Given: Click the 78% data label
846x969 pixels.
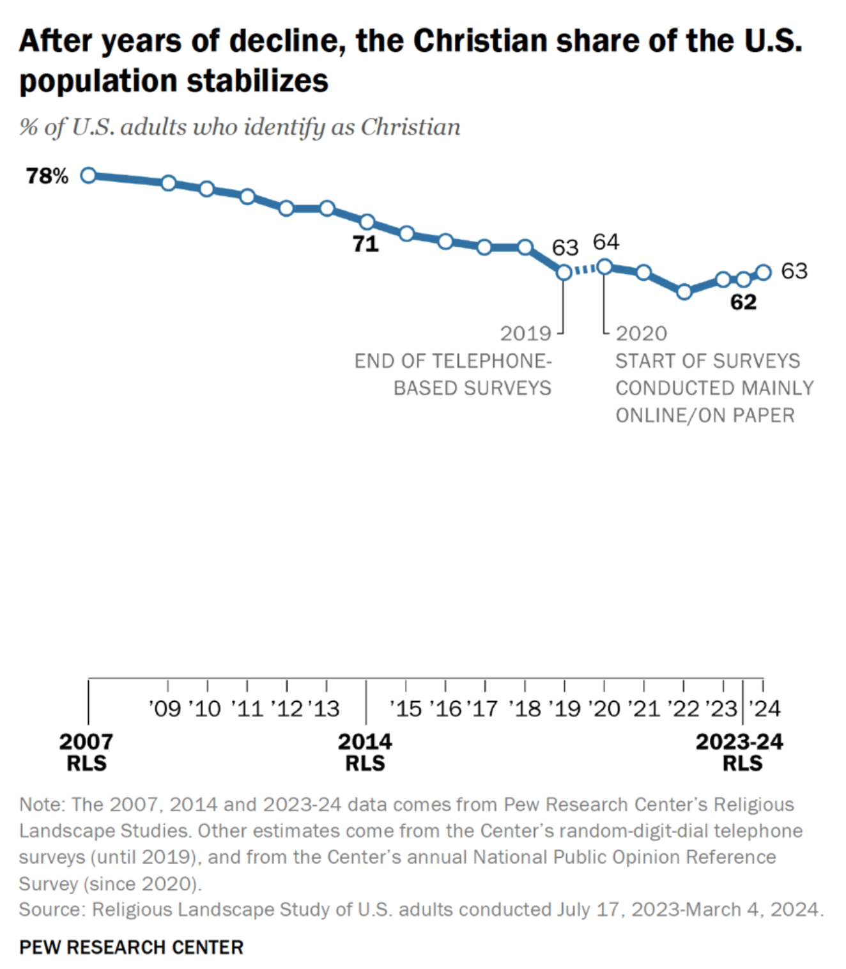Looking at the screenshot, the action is (47, 176).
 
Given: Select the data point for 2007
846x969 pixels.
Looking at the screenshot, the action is (89, 175).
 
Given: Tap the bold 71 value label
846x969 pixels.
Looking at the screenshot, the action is (365, 244).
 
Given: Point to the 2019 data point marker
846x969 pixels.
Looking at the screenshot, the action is (564, 272).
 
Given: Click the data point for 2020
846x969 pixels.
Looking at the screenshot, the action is (604, 267).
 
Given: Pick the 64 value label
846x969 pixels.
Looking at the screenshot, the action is (606, 242).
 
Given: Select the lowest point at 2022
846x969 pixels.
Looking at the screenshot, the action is (684, 291).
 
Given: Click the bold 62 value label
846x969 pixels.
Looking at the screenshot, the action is (743, 302).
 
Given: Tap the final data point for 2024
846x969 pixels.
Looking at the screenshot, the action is (764, 272).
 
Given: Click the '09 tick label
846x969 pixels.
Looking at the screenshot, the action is (165, 709).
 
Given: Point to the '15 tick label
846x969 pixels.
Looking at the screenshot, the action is (405, 709).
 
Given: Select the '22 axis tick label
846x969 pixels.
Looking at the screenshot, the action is (683, 709).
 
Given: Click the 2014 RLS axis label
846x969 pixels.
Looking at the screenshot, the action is (365, 752).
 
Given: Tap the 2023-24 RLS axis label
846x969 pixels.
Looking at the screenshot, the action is (739, 752).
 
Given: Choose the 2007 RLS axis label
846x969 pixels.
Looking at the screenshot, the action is (86, 752).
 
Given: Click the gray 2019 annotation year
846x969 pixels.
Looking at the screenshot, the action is (525, 334).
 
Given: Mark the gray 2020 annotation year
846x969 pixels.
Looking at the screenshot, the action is (642, 334).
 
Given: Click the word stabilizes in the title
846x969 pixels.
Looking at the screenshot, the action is (258, 81).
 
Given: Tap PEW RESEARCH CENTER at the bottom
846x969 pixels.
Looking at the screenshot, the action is (131, 947).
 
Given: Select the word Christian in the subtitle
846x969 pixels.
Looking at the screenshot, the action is (410, 127).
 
